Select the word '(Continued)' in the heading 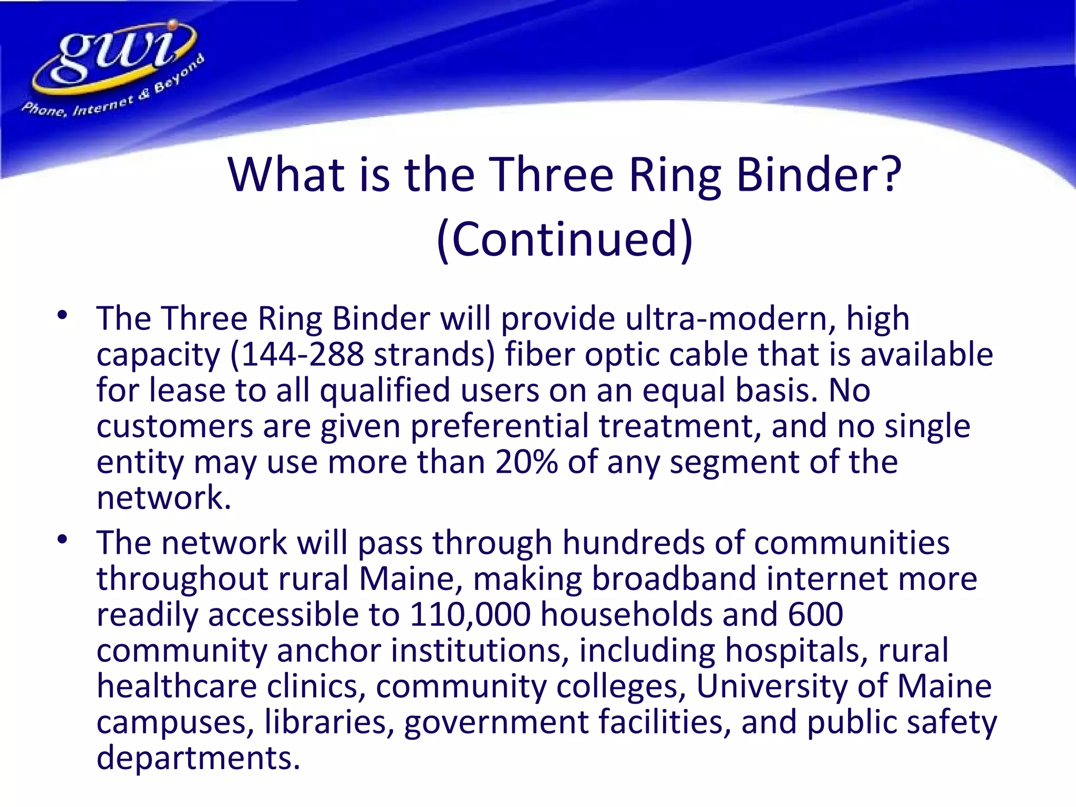pos(565,239)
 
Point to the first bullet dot pos(63,316)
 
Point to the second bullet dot pos(63,540)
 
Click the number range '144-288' pos(297,354)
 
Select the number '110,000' pos(470,614)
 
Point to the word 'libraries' pos(329,721)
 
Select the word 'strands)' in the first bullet pos(434,354)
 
